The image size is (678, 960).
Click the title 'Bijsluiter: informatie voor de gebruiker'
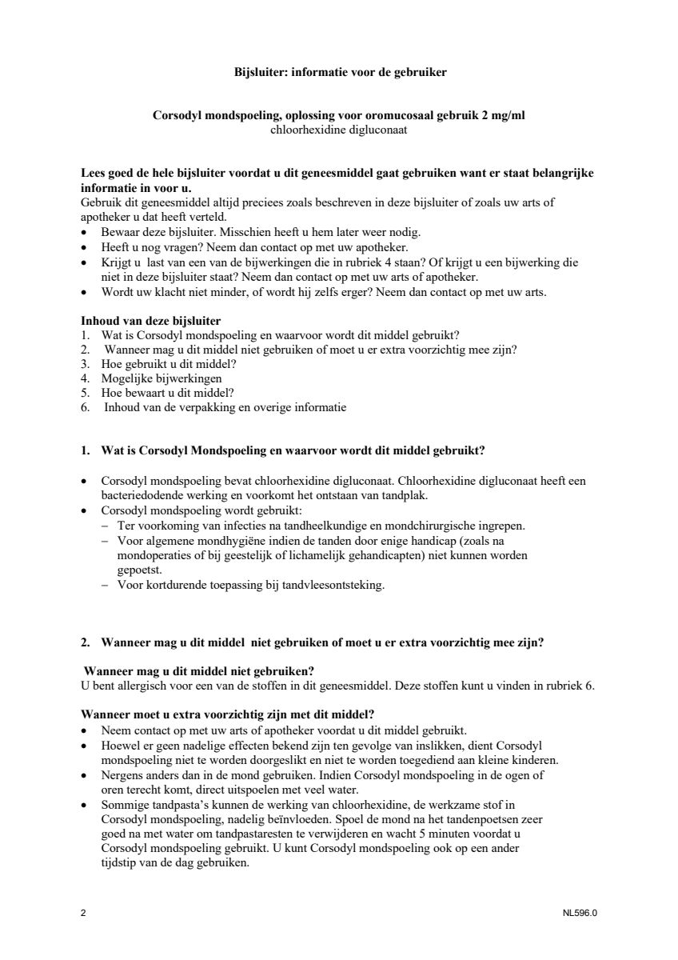tap(340, 72)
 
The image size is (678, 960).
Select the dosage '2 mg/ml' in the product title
tap(506, 115)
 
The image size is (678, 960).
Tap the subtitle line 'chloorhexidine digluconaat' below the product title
tap(340, 129)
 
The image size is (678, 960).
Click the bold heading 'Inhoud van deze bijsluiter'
tap(151, 321)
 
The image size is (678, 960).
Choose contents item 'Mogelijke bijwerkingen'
tap(162, 378)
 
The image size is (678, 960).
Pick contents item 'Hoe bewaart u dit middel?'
tap(167, 393)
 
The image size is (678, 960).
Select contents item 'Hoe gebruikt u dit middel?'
tap(169, 364)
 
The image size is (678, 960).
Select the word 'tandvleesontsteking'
tap(333, 585)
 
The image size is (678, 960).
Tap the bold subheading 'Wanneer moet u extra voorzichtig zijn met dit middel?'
tap(228, 714)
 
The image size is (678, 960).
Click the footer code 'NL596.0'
tap(580, 913)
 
